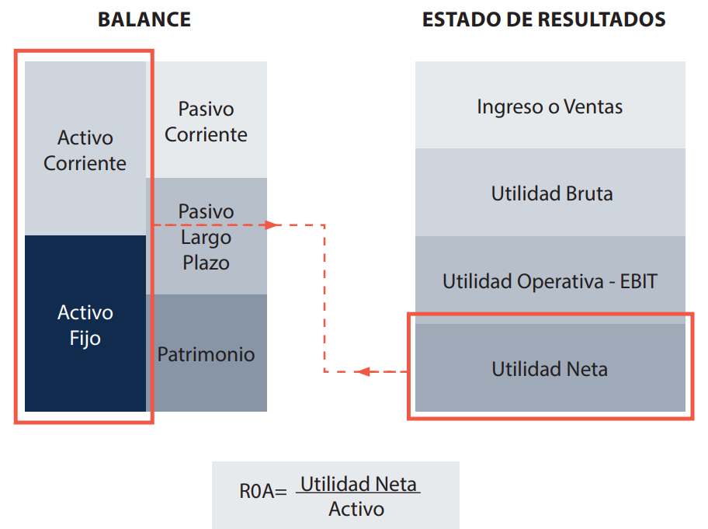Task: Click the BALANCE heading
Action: tap(144, 19)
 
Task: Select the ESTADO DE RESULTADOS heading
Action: tap(543, 19)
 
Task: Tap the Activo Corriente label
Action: tap(85, 151)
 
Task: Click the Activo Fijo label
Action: tap(85, 325)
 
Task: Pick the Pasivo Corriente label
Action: tap(206, 122)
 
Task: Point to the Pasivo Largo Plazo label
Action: tap(206, 237)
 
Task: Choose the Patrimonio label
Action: tap(206, 355)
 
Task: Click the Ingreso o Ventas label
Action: tap(550, 106)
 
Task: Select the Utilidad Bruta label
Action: tap(551, 193)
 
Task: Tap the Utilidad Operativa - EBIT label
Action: tap(550, 281)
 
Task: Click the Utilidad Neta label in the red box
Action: tap(550, 369)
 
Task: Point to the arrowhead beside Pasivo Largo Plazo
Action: tap(271, 225)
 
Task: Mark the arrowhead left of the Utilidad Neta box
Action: tap(363, 372)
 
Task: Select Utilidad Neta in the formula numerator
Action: tap(359, 485)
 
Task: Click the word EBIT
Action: tap(638, 281)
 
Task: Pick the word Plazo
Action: tap(206, 263)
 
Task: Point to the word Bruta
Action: tap(588, 193)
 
